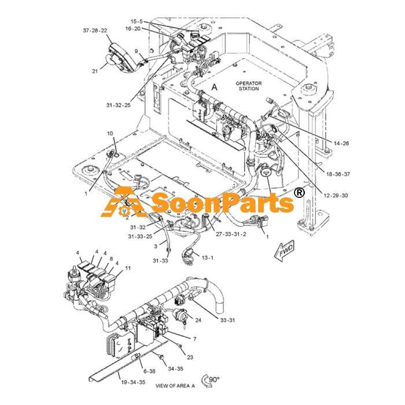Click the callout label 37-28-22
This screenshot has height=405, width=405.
pos(95,31)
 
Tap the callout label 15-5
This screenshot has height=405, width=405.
pos(137,21)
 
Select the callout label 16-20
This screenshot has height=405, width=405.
pos(132,29)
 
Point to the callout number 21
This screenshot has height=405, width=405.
pos(95,71)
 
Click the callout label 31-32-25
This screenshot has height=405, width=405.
pos(118,105)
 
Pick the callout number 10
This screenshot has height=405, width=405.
pos(110,133)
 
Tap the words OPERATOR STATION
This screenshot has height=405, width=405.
pos(248,86)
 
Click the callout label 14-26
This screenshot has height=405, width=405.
pos(341,143)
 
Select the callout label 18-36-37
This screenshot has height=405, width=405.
pos(338,174)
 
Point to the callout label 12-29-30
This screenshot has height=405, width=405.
pos(336,196)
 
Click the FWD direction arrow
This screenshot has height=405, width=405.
pos(284,251)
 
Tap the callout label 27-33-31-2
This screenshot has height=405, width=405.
pos(231,234)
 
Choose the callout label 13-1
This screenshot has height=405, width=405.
pos(208,257)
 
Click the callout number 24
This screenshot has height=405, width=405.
pos(198,321)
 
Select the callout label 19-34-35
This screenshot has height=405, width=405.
pos(133,382)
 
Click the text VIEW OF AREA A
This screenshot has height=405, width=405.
pos(175,386)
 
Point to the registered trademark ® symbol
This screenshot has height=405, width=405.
pos(299,193)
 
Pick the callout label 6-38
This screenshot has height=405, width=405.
pos(149,371)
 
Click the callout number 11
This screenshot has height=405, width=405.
pos(128,268)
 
